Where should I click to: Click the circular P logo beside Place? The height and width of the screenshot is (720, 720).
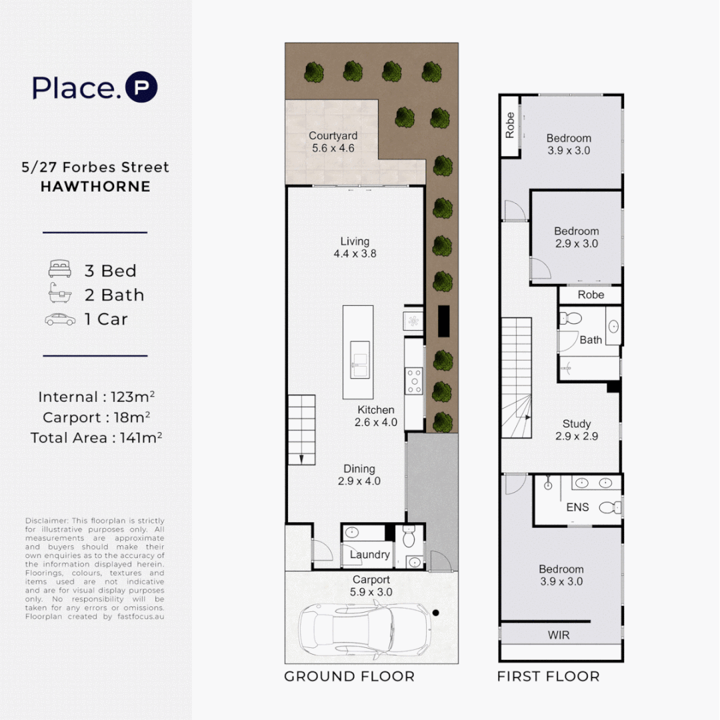pyautogui.click(x=141, y=88)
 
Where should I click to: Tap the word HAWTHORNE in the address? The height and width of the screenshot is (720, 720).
pyautogui.click(x=95, y=187)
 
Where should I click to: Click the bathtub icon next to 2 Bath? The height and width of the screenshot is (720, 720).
pyautogui.click(x=59, y=295)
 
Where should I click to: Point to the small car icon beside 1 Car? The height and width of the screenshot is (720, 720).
pyautogui.click(x=59, y=319)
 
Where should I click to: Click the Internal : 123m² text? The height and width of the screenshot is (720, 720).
pyautogui.click(x=96, y=397)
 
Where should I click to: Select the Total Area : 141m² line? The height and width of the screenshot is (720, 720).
pyautogui.click(x=96, y=438)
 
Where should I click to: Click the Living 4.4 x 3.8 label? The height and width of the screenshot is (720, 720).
pyautogui.click(x=354, y=247)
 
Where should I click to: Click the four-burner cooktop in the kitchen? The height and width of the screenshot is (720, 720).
pyautogui.click(x=414, y=381)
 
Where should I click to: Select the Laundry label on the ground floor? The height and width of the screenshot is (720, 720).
pyautogui.click(x=369, y=555)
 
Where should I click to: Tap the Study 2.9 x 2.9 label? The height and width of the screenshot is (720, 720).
pyautogui.click(x=577, y=430)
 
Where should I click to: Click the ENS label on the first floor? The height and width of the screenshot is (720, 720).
pyautogui.click(x=577, y=507)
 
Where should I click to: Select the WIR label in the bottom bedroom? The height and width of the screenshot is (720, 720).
pyautogui.click(x=559, y=635)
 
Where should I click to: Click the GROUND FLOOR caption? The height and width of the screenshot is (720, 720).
pyautogui.click(x=349, y=677)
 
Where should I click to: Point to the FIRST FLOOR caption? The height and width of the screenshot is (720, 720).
pyautogui.click(x=548, y=677)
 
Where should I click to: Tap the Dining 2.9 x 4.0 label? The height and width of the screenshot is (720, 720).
pyautogui.click(x=359, y=475)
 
